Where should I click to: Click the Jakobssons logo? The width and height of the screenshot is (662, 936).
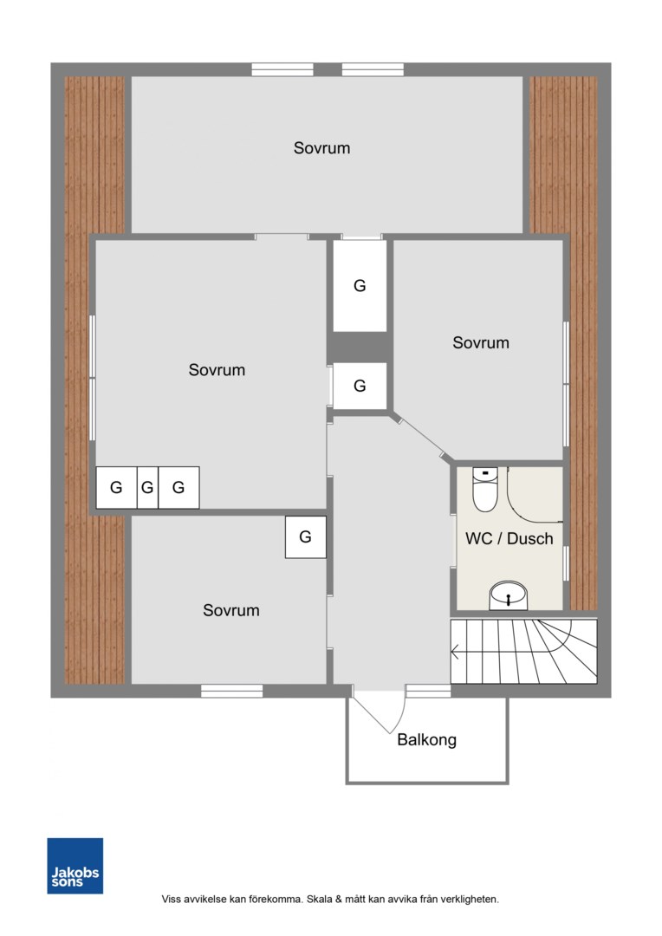click(x=75, y=866)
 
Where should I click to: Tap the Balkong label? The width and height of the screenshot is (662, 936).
click(x=426, y=739)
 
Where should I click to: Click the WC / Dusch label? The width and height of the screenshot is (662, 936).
click(x=509, y=538)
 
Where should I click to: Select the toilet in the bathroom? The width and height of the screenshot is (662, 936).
click(x=484, y=490)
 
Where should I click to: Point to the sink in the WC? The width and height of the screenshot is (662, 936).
click(x=509, y=595)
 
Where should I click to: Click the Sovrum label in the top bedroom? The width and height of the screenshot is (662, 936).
click(x=321, y=148)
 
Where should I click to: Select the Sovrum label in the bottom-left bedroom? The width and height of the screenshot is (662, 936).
click(x=231, y=610)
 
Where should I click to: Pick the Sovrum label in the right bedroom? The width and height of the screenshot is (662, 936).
click(x=481, y=342)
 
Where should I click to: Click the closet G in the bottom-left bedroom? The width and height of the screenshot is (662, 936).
click(x=306, y=537)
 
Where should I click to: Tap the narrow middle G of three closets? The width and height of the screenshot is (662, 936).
click(x=147, y=488)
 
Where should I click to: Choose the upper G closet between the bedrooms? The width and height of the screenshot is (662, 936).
click(x=360, y=286)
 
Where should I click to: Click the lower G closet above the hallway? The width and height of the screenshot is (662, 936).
click(x=360, y=387)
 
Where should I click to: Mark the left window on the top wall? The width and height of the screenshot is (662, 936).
click(x=282, y=70)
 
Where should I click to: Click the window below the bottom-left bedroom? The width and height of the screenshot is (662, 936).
click(x=231, y=691)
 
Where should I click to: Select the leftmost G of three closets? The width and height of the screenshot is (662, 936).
click(x=116, y=488)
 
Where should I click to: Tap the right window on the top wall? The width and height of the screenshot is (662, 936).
click(x=373, y=70)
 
